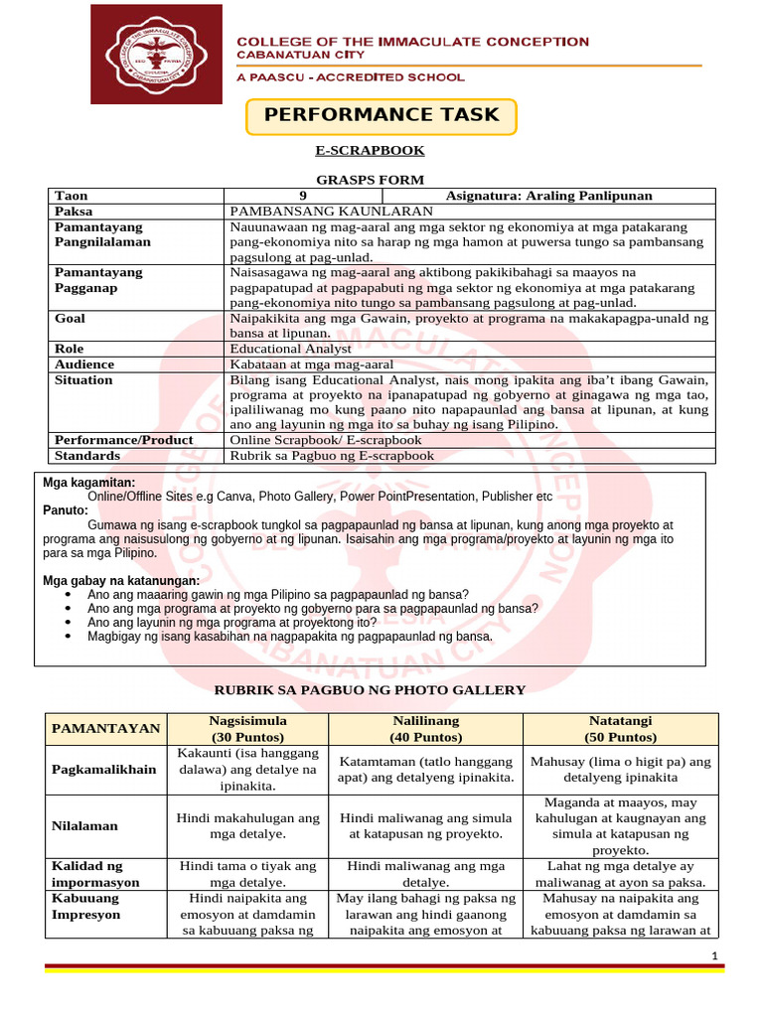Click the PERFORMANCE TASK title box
pos(381,115)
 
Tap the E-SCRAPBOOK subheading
pos(370,150)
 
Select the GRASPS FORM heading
pos(370,180)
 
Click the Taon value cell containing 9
pos(303,196)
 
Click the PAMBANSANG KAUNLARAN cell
pos(332,212)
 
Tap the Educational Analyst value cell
pos(290,349)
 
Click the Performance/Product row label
pos(124,439)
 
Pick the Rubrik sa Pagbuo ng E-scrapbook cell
pos(332,456)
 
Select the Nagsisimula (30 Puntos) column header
pos(247,728)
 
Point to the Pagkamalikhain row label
pos(104,770)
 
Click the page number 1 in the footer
pos(714,955)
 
